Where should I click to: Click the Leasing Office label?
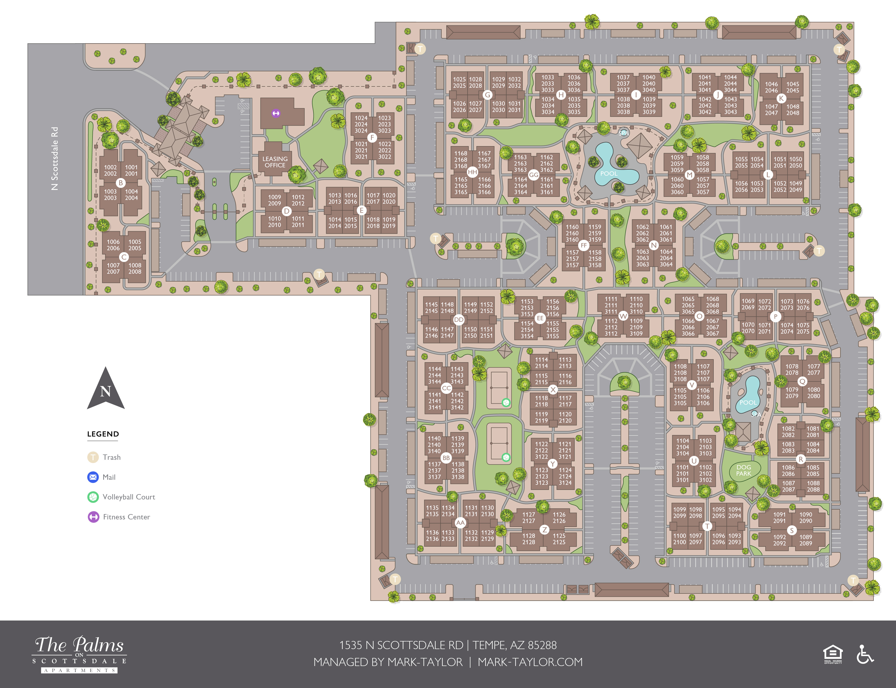(x=275, y=162)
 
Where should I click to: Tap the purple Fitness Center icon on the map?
(x=276, y=113)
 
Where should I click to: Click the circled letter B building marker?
(x=120, y=183)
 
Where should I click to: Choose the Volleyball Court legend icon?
(x=93, y=497)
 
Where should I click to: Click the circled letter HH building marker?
(x=472, y=172)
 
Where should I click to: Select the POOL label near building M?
(x=609, y=174)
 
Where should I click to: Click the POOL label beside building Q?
(x=748, y=403)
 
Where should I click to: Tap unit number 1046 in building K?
(x=771, y=84)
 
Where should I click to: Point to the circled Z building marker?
(x=545, y=530)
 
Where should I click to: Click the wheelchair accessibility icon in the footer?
(x=864, y=654)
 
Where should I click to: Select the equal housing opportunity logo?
(x=833, y=654)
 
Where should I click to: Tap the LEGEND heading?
(x=103, y=434)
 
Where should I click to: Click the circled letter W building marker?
(x=623, y=316)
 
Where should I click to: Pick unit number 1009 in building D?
(x=275, y=197)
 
